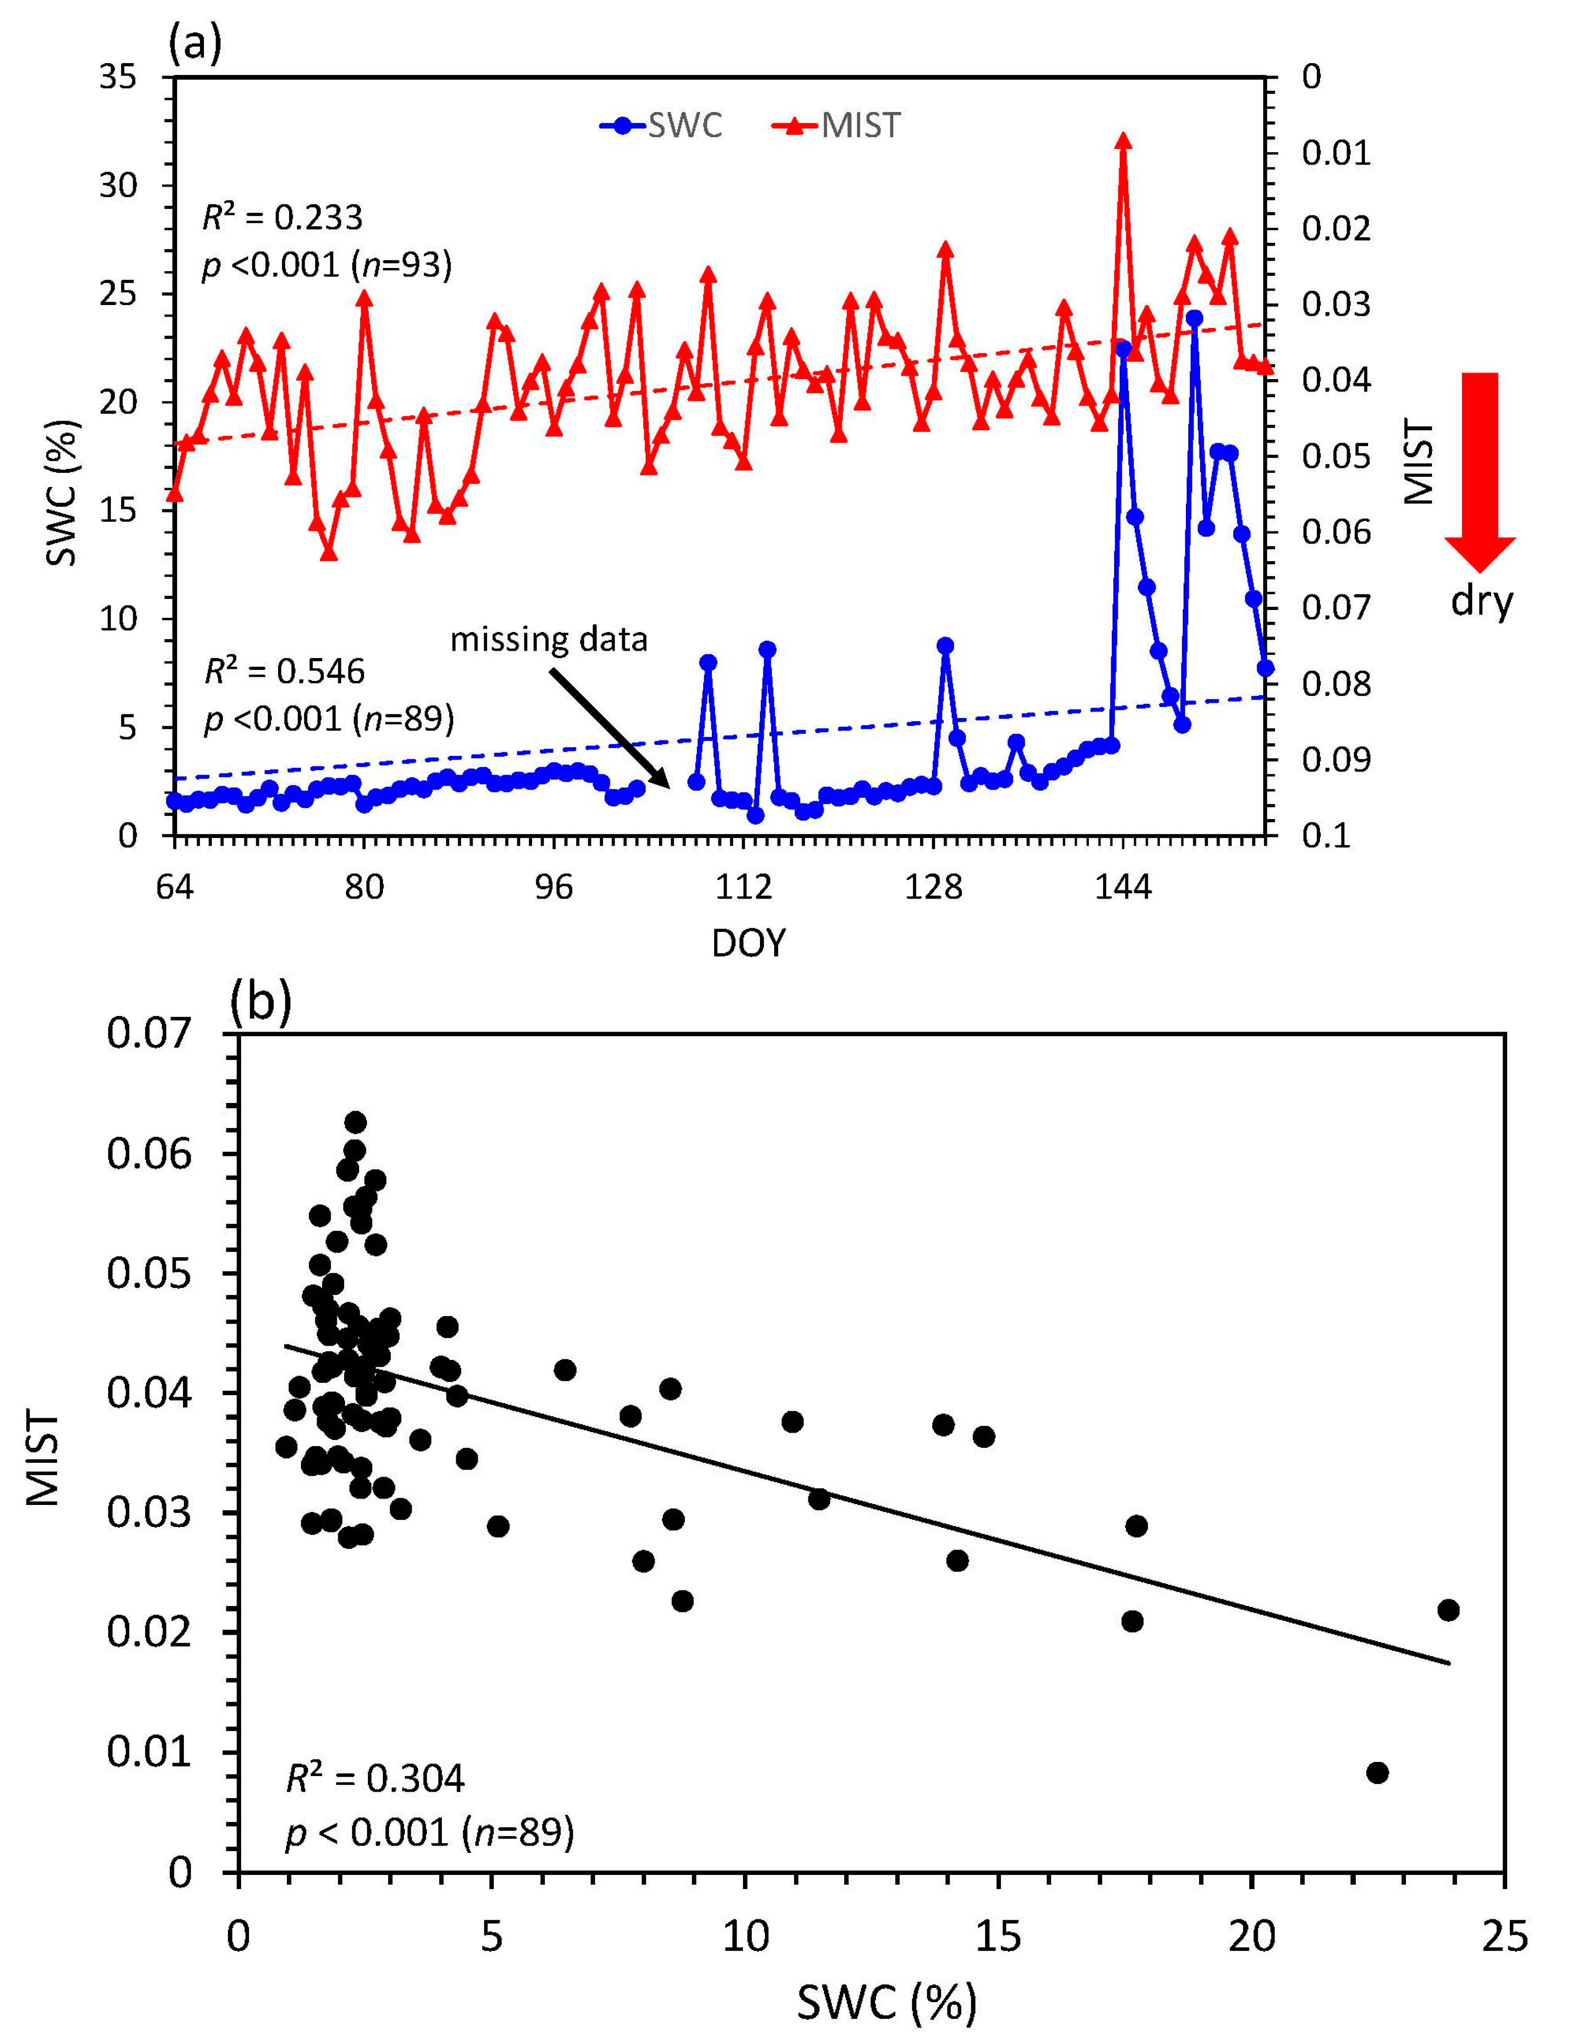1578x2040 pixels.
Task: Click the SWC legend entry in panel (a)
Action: coord(662,125)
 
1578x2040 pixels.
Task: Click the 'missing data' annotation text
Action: coord(549,640)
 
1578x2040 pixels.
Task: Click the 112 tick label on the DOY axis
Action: coord(743,887)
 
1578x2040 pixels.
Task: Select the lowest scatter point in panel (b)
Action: coord(1377,1773)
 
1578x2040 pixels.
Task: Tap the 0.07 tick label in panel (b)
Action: coord(149,1034)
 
